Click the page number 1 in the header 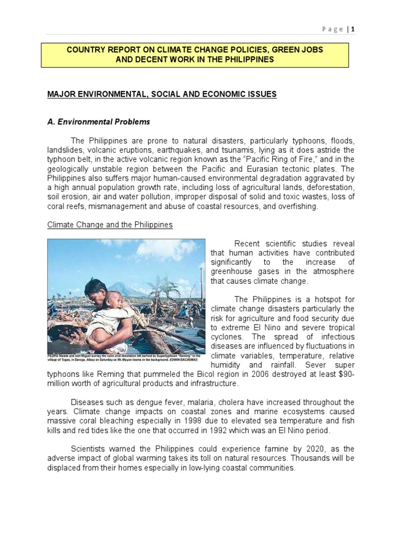(x=353, y=29)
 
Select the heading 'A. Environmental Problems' (x=98, y=122)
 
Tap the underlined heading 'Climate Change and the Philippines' (x=110, y=225)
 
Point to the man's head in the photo (x=95, y=287)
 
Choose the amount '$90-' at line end (x=345, y=374)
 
